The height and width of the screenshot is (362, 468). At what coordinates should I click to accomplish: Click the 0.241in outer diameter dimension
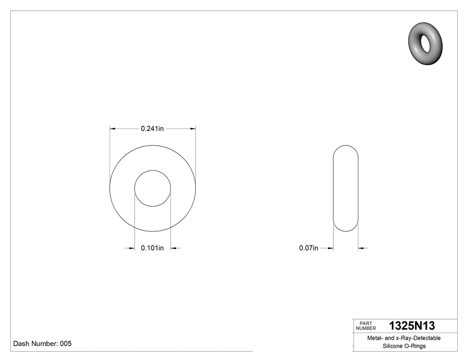[x=152, y=129]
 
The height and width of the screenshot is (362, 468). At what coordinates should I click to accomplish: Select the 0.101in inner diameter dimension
[x=152, y=248]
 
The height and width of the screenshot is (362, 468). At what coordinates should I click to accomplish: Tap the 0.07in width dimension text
[x=308, y=248]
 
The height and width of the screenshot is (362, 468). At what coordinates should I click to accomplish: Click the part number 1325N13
[x=412, y=325]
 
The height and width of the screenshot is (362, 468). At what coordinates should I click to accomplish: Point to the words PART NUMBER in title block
[x=366, y=326]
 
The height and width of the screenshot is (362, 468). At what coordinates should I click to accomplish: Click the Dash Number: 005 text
[x=42, y=344]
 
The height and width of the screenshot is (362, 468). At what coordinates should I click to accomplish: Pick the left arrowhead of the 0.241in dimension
[x=113, y=129]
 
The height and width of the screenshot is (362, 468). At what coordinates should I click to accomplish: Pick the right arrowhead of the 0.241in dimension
[x=193, y=129]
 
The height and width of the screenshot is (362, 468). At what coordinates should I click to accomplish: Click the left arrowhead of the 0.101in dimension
[x=132, y=248]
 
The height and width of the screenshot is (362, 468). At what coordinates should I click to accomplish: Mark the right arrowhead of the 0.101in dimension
[x=174, y=248]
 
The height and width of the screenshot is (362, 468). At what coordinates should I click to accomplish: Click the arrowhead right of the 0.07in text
[x=331, y=248]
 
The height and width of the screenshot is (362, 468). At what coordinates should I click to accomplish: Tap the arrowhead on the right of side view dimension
[x=361, y=248]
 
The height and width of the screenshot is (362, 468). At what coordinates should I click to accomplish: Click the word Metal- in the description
[x=375, y=338]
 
